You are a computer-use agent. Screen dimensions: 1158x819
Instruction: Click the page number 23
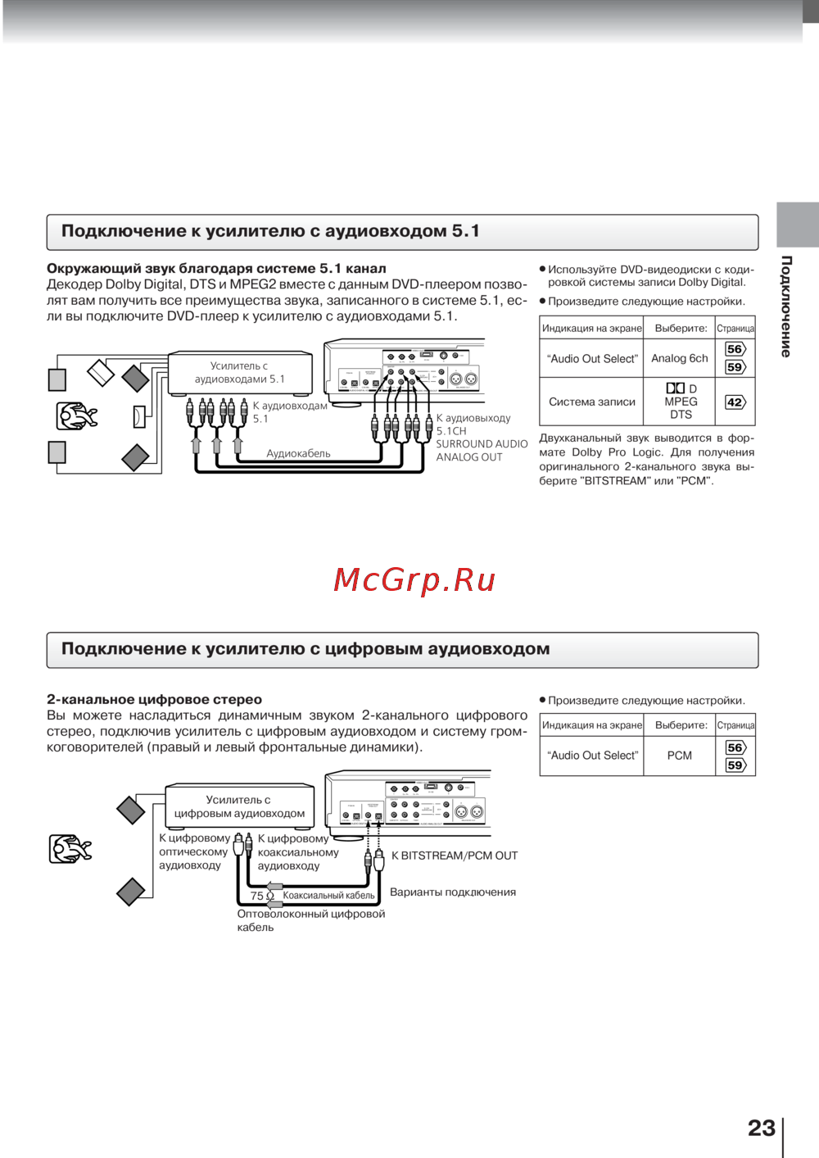[x=761, y=1128]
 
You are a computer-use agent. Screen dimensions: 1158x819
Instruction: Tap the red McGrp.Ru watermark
[x=414, y=579]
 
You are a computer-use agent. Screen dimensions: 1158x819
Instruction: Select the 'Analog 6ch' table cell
[x=679, y=358]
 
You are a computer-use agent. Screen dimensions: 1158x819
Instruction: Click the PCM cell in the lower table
[x=679, y=755]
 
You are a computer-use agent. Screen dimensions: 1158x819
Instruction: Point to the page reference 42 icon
[x=735, y=402]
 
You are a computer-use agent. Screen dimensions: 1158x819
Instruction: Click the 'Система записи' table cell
[x=591, y=402]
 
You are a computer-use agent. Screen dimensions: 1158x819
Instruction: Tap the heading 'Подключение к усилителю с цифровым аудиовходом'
[x=305, y=649]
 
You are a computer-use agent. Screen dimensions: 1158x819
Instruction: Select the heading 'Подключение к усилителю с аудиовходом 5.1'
[x=270, y=231]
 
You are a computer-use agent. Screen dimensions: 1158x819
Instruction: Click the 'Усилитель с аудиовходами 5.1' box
[x=239, y=373]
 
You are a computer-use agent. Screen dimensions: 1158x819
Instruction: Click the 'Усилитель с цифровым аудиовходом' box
[x=239, y=806]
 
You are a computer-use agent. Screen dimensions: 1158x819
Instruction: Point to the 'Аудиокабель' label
[x=298, y=453]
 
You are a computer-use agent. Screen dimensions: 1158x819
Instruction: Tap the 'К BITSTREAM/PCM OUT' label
[x=455, y=856]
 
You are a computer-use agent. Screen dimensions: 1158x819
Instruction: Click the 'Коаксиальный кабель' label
[x=328, y=896]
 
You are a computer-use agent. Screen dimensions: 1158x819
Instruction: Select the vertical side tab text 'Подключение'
[x=786, y=306]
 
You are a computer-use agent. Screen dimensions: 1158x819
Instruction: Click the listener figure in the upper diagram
[x=76, y=416]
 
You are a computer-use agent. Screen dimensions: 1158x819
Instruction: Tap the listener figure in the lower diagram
[x=70, y=849]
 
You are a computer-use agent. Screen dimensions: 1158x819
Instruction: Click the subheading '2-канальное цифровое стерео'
[x=154, y=700]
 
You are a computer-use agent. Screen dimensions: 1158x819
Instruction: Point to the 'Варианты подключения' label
[x=453, y=892]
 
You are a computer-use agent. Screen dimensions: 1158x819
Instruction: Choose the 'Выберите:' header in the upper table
[x=681, y=328]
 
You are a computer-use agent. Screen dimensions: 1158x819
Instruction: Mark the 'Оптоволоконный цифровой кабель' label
[x=310, y=920]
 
